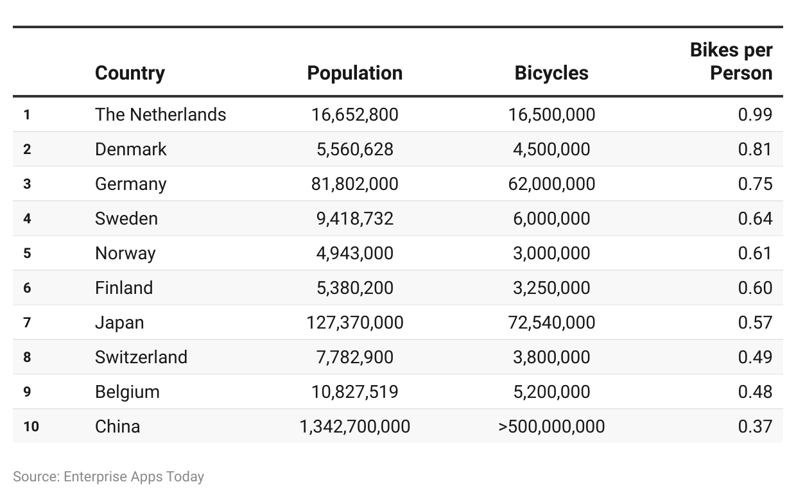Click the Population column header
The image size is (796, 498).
(354, 73)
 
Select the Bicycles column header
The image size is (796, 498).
(551, 73)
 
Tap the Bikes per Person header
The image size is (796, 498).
(731, 62)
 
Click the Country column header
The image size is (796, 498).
(130, 74)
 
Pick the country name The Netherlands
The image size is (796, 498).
(160, 115)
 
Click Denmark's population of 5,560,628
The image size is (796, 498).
(354, 149)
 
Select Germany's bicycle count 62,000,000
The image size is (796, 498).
(551, 184)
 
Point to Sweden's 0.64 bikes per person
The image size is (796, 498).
(755, 218)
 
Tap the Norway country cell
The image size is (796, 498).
(125, 253)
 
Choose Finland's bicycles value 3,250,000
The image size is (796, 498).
(551, 288)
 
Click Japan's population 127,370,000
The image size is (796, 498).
(354, 323)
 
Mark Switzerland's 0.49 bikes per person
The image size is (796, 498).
(755, 357)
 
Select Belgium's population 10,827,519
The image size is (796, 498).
(354, 392)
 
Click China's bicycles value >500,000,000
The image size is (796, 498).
(551, 427)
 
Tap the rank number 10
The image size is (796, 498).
(31, 427)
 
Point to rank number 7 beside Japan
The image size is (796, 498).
(27, 323)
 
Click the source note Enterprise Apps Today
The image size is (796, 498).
(134, 477)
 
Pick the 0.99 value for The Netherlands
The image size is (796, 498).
(755, 115)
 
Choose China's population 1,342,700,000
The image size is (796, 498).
(354, 427)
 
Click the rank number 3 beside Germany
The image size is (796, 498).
(27, 184)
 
